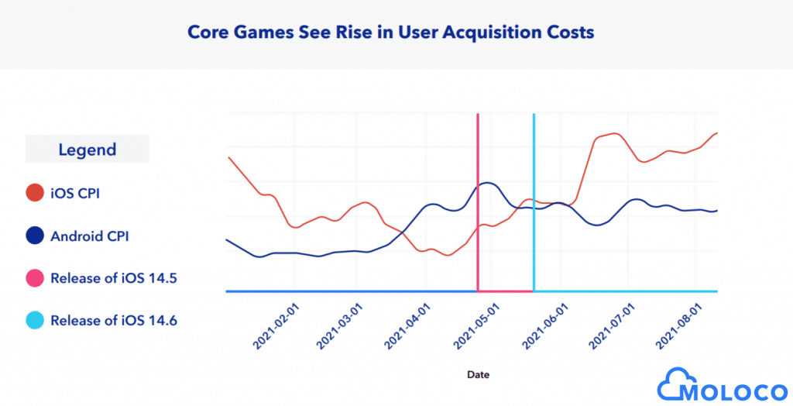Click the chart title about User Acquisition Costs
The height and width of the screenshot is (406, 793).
(x=393, y=33)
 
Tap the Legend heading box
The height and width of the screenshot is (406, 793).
(x=88, y=150)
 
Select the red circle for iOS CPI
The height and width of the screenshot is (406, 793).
(x=34, y=193)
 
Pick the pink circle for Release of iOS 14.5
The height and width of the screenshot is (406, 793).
(x=34, y=277)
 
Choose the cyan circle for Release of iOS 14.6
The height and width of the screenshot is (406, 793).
(x=34, y=320)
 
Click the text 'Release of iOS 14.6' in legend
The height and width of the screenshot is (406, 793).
(x=114, y=320)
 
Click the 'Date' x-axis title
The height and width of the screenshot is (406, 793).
(x=478, y=374)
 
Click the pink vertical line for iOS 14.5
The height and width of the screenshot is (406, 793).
(x=478, y=155)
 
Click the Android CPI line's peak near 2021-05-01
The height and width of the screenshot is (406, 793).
(x=486, y=183)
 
